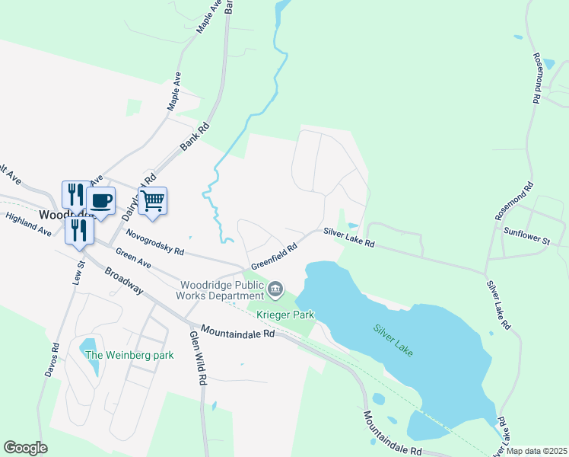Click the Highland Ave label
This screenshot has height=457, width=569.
[27, 223]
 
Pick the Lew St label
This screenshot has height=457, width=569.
[78, 273]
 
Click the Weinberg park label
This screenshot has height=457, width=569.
[130, 355]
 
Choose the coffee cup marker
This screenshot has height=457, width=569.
[100, 201]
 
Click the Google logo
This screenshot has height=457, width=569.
[25, 448]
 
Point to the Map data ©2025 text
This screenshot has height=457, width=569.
[537, 451]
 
